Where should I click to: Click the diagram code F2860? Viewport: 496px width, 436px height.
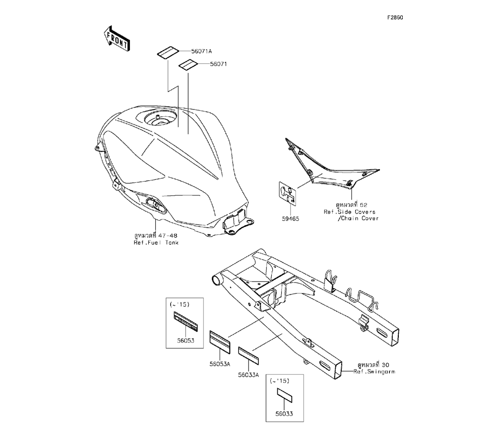pos(395,17)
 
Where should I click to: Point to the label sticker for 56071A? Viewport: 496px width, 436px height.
pos(168,52)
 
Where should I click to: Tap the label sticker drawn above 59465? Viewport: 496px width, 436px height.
pos(289,193)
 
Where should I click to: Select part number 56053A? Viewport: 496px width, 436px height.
pos(220,364)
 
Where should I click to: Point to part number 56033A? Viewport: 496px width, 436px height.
pos(248,375)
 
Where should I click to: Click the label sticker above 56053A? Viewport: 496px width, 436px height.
pos(220,342)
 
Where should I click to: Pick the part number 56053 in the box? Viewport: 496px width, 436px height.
pos(186,341)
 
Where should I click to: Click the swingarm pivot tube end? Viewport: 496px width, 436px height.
pos(216,280)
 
